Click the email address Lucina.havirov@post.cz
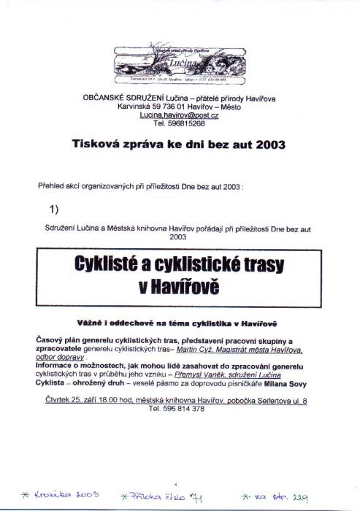[x=180, y=115]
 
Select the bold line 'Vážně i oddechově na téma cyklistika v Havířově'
[x=179, y=322]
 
